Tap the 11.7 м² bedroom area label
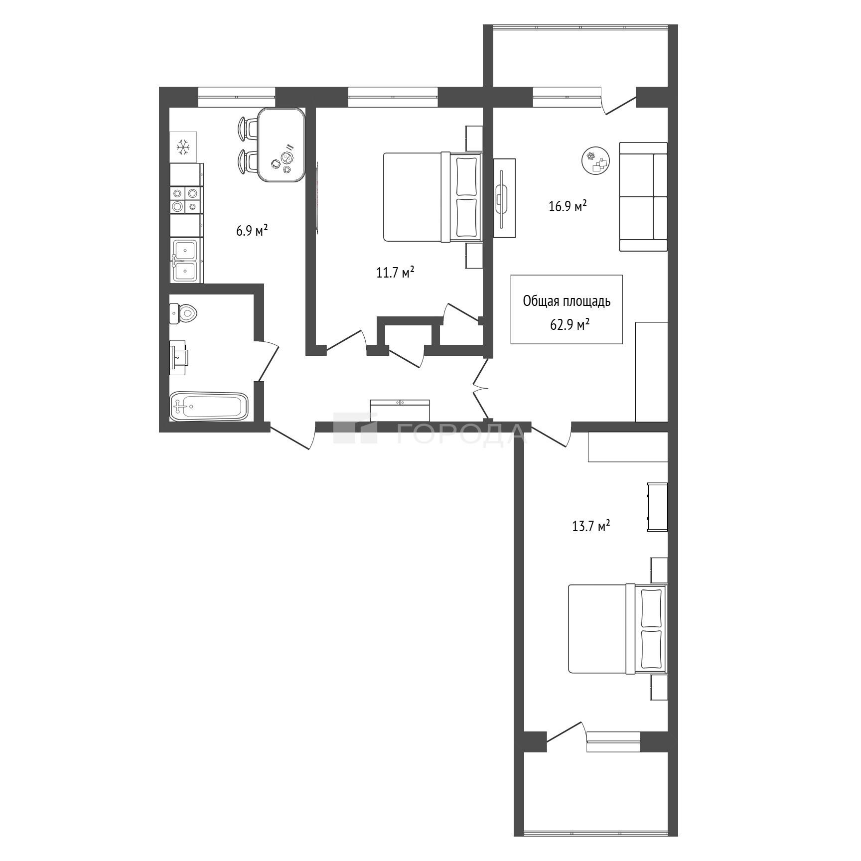[x=396, y=273]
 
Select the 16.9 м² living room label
[x=568, y=206]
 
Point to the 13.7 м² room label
[x=591, y=526]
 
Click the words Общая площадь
[x=567, y=301]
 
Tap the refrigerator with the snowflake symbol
[x=183, y=147]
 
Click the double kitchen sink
[x=186, y=260]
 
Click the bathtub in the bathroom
[x=209, y=406]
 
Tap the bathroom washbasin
[x=178, y=357]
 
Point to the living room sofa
[x=643, y=197]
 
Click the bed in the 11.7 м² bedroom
[x=432, y=197]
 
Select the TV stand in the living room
[x=504, y=198]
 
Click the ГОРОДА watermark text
[x=461, y=433]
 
